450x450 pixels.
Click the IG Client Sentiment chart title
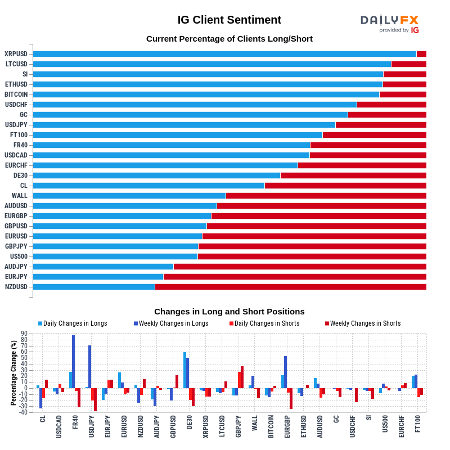pos(229,20)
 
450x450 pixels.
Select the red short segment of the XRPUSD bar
pos(421,54)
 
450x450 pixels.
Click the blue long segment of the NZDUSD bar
pos(94,287)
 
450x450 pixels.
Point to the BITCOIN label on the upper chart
pos(16,94)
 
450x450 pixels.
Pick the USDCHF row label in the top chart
pos(16,105)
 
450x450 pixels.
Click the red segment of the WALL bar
pos(326,196)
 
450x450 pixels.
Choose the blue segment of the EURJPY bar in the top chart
pos(98,277)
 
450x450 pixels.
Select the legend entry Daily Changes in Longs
pos(73,323)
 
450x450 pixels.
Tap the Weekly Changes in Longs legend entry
pos(171,323)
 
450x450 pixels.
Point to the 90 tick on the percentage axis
pos(24,334)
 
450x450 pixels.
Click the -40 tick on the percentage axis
pos(23,412)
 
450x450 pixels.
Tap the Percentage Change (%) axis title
pos(13,372)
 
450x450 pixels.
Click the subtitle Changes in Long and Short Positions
pos(229,312)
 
